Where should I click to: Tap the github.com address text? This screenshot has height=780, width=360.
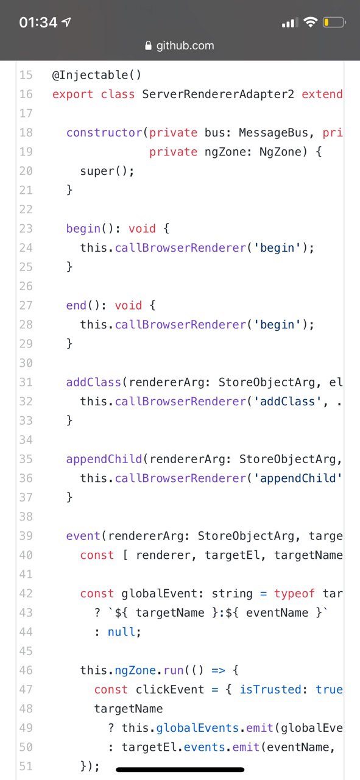pos(185,46)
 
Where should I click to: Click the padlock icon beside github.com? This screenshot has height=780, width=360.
pos(148,46)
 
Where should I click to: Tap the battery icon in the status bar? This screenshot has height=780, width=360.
pos(334,23)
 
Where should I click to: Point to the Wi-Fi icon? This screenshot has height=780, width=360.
pos(310,22)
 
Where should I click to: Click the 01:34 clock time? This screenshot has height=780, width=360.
pos(38,23)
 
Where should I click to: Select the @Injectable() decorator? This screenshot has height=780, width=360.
pos(96,75)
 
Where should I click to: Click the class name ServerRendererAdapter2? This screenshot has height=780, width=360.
pos(218,94)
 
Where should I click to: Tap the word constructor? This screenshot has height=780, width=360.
pos(104,133)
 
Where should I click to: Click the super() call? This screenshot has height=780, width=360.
pos(107,171)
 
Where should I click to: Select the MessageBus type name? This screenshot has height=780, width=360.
pos(274,133)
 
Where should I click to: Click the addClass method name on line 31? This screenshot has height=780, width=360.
pos(94,382)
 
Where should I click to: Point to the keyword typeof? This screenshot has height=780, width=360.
pos(294,593)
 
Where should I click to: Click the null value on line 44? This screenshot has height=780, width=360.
pos(121,631)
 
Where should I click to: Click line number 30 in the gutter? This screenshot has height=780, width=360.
pos(26,363)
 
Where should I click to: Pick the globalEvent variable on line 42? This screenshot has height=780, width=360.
pos(159,593)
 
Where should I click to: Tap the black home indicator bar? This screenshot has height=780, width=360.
pos(180,770)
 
